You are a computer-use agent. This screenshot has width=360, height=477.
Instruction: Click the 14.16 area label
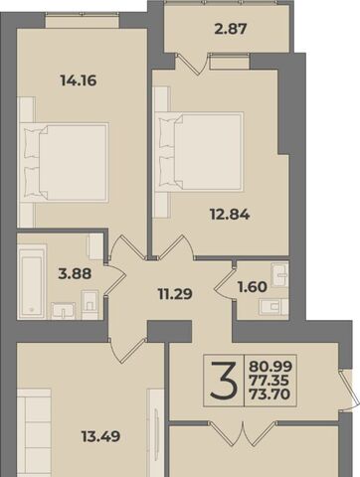tap(79, 80)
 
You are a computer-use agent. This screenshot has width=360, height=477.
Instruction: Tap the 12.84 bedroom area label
tap(230, 215)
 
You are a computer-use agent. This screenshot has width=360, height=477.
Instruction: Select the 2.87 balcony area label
tap(231, 29)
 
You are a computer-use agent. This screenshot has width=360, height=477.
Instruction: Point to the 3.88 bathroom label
tap(75, 274)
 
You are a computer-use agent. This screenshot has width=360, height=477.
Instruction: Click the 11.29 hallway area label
tap(175, 294)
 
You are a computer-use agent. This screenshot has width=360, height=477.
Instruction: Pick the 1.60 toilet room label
tap(253, 287)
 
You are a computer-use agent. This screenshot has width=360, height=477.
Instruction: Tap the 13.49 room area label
tap(100, 436)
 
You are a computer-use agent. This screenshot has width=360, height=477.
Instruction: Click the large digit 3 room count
tap(224, 380)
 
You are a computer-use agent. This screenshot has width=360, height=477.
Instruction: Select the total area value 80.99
tap(270, 367)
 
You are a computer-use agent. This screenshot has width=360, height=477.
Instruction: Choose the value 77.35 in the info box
tap(270, 381)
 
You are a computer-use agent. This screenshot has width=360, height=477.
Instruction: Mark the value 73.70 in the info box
tap(270, 395)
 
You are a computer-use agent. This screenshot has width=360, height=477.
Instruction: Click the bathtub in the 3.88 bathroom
tap(32, 282)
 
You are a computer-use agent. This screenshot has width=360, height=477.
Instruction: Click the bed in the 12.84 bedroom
tap(199, 151)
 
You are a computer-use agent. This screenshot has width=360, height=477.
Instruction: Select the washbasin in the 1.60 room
tap(279, 274)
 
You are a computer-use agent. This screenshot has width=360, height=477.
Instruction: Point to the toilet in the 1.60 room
tap(273, 307)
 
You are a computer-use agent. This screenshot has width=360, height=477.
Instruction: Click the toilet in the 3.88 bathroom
tap(90, 302)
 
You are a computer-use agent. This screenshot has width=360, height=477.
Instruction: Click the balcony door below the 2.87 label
tap(192, 64)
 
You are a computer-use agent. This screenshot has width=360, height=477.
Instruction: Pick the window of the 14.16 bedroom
tap(82, 21)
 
